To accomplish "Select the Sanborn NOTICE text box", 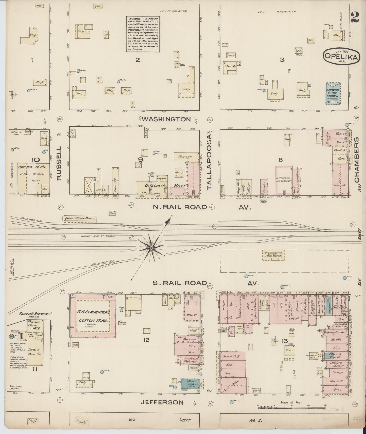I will (x=143, y=34).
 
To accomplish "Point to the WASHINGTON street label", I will (x=166, y=119).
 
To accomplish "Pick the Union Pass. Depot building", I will (x=273, y=255).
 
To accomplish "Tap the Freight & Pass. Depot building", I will (x=80, y=219).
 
